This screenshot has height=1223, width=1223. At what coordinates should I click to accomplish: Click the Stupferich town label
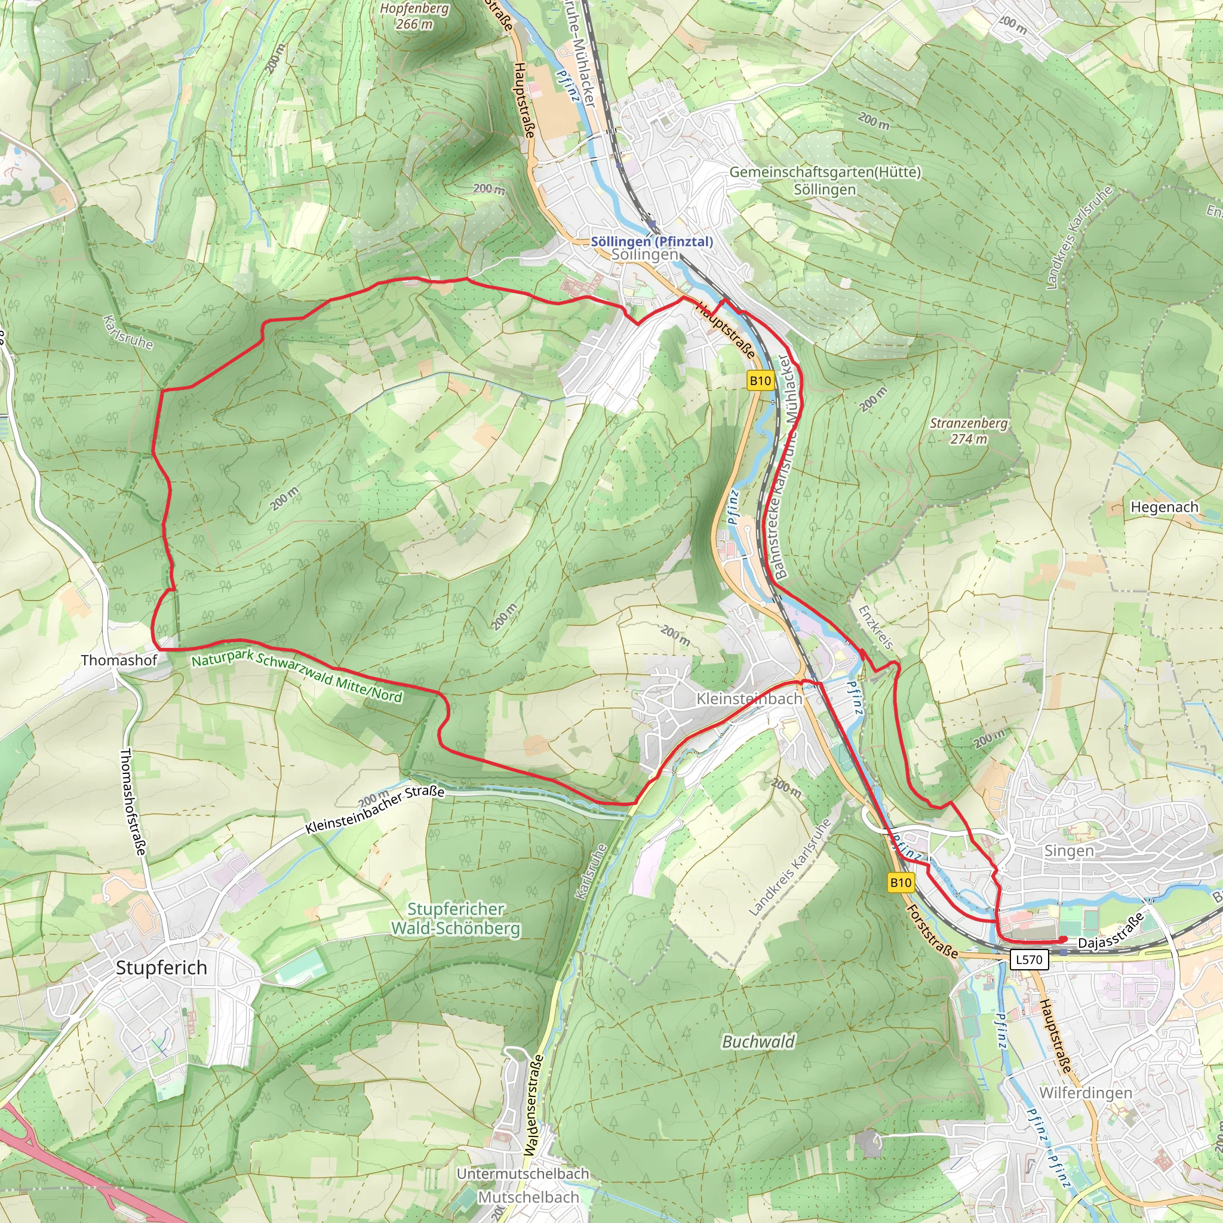tap(161, 967)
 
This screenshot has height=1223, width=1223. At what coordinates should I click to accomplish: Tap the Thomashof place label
tap(119, 660)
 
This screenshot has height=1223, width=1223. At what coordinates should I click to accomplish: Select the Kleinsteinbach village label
tap(749, 699)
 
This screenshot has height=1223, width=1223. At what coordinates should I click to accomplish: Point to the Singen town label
tap(1068, 851)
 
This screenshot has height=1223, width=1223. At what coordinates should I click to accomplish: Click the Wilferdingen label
tap(1086, 1093)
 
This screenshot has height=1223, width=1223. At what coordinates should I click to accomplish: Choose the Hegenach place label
tap(1164, 507)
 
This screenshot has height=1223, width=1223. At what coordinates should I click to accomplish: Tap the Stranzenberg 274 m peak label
tap(969, 431)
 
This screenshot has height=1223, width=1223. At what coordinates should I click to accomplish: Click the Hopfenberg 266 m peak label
tap(414, 17)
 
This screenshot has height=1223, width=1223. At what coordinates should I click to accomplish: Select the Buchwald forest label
tap(758, 1041)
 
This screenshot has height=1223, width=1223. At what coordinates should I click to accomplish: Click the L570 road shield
tap(1029, 960)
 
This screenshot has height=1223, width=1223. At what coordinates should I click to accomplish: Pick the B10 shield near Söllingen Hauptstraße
tap(760, 380)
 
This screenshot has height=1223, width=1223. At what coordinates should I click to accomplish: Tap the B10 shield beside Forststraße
tap(901, 883)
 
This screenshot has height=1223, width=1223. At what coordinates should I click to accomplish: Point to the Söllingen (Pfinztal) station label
tap(652, 241)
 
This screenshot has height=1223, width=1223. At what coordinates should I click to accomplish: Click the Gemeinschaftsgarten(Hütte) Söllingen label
tap(825, 180)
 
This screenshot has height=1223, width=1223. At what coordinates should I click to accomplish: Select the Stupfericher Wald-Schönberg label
tap(456, 918)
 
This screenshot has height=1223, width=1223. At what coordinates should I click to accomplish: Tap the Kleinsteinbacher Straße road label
tap(375, 810)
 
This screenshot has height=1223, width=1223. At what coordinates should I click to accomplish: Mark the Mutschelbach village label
tap(528, 1197)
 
